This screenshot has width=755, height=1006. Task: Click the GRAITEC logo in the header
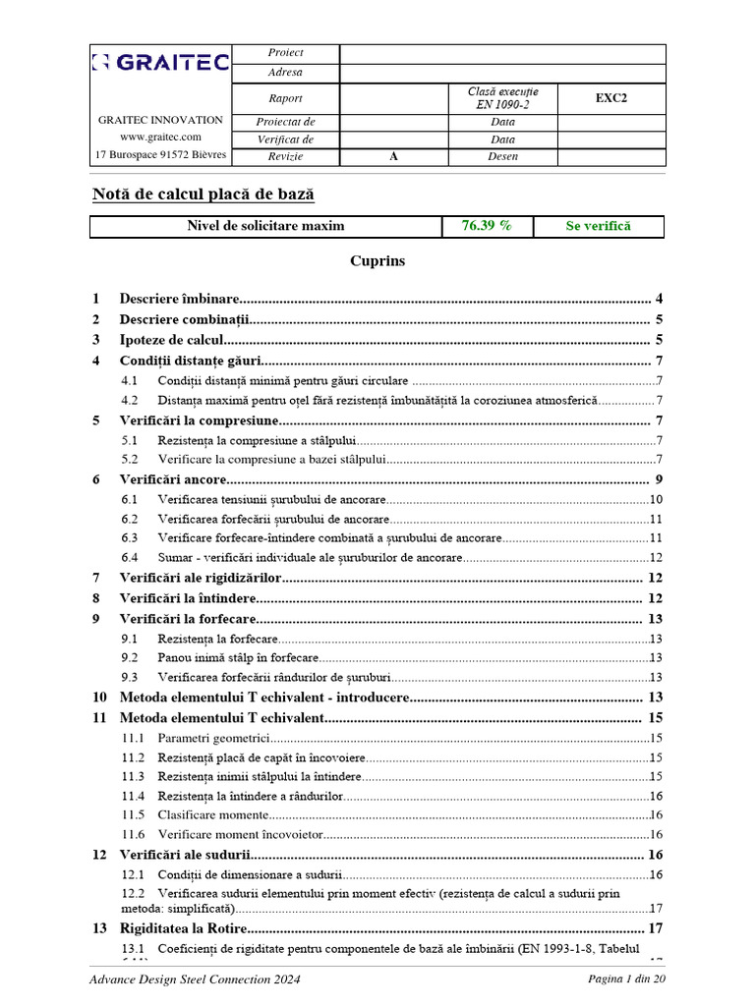(160, 64)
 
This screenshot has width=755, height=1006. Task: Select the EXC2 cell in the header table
(610, 98)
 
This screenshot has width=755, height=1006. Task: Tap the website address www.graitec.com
(160, 138)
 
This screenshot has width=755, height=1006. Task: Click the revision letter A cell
(393, 156)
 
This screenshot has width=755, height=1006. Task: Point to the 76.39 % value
(487, 226)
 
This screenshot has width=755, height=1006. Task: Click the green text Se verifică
(598, 226)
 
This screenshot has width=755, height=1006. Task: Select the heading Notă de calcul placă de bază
(203, 195)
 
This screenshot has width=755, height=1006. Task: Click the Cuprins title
(377, 261)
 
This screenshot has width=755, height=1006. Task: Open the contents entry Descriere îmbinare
(179, 299)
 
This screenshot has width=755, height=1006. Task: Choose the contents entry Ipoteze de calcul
(172, 340)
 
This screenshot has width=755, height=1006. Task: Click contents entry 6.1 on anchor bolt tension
(278, 500)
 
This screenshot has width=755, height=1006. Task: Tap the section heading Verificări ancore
(173, 479)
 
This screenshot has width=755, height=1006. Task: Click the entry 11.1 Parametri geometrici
(213, 738)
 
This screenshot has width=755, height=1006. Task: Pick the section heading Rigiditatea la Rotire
(182, 928)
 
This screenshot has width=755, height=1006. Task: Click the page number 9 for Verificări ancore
(659, 479)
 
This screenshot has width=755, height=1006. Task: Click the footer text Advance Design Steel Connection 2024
(195, 979)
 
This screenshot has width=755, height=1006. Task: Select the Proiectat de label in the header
(285, 122)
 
